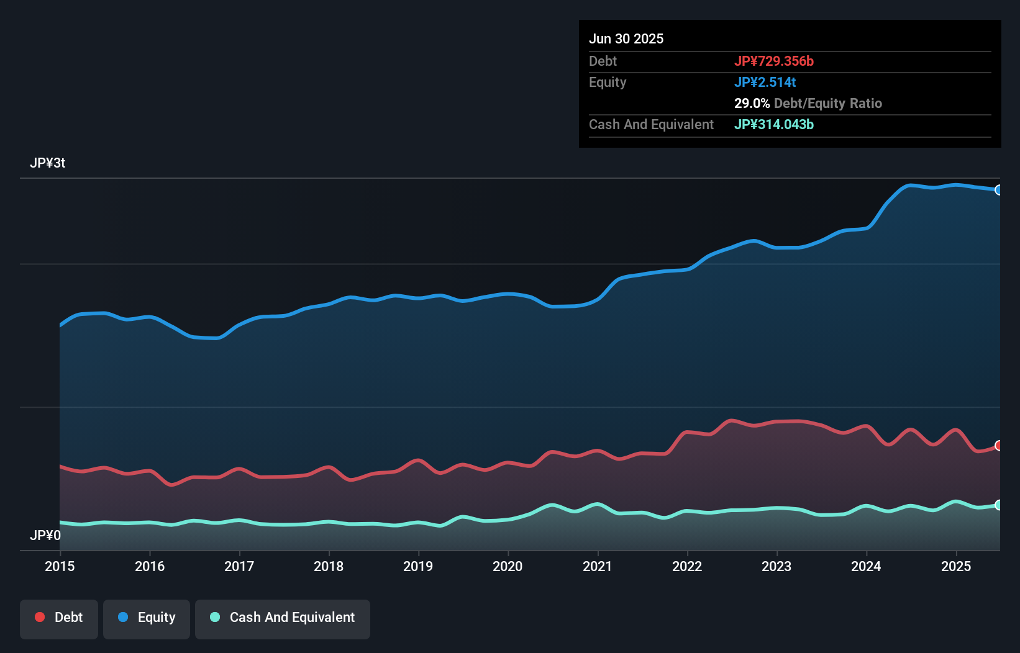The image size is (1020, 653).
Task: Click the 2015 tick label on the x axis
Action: tap(60, 566)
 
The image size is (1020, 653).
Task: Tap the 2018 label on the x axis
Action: tap(329, 566)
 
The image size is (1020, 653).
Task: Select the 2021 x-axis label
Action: tap(597, 566)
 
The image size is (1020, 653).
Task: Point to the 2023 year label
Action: tap(776, 566)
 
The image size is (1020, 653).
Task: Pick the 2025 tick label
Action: tap(955, 566)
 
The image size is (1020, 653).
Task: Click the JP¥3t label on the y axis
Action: tap(47, 163)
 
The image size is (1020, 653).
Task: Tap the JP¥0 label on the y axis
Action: tap(45, 535)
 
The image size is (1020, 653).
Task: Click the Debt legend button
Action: tap(59, 618)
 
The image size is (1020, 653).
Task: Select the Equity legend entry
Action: tap(147, 618)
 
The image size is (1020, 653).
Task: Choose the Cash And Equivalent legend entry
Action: tap(283, 618)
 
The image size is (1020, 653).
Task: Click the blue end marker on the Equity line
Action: tap(998, 190)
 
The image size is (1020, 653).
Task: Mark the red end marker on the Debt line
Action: tap(998, 446)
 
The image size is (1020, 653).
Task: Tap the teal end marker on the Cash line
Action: tap(998, 505)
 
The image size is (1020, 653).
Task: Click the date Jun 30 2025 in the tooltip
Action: tap(626, 38)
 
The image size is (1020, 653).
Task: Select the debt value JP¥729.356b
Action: tap(773, 61)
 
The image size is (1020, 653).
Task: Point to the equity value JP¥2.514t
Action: tap(765, 82)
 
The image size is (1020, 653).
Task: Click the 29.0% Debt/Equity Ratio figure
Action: tap(808, 103)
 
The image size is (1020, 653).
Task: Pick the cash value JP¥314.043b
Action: tap(773, 124)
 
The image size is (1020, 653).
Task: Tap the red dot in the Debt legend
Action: tap(40, 617)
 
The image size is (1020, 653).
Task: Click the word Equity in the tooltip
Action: tap(608, 82)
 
